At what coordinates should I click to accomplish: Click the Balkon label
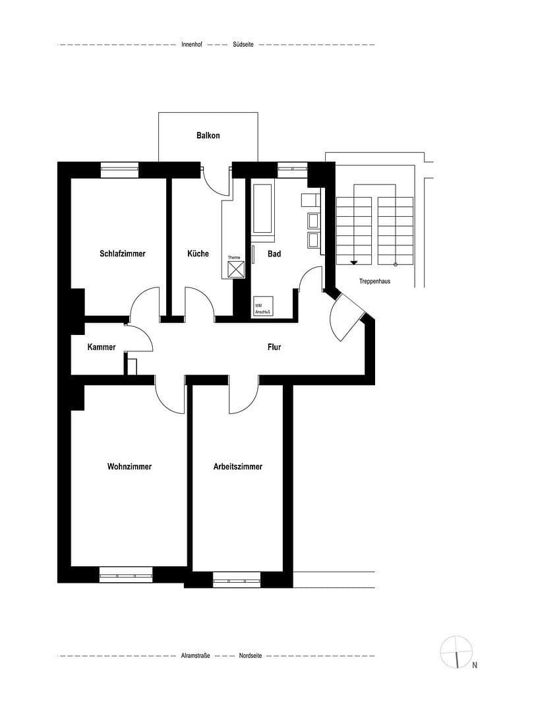[x=208, y=136]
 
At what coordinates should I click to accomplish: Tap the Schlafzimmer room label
[x=123, y=254]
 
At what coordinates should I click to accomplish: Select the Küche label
[x=198, y=254]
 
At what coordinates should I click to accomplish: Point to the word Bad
[x=274, y=254]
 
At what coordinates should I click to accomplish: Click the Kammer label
[x=102, y=347]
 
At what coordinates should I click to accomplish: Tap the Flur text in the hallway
[x=274, y=347]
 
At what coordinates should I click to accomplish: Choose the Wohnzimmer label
[x=129, y=467]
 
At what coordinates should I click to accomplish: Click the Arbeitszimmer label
[x=238, y=467]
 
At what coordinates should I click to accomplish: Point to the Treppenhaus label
[x=375, y=282]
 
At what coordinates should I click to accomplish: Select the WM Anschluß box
[x=264, y=307]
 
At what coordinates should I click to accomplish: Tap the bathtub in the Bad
[x=263, y=208]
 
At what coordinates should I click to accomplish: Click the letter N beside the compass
[x=475, y=665]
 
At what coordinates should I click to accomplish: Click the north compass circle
[x=456, y=652]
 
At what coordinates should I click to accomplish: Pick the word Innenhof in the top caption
[x=192, y=45]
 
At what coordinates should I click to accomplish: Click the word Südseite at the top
[x=243, y=45]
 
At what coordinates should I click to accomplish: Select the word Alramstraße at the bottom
[x=195, y=657]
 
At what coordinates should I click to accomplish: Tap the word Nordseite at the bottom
[x=251, y=657]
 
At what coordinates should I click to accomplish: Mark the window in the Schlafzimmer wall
[x=119, y=170]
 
